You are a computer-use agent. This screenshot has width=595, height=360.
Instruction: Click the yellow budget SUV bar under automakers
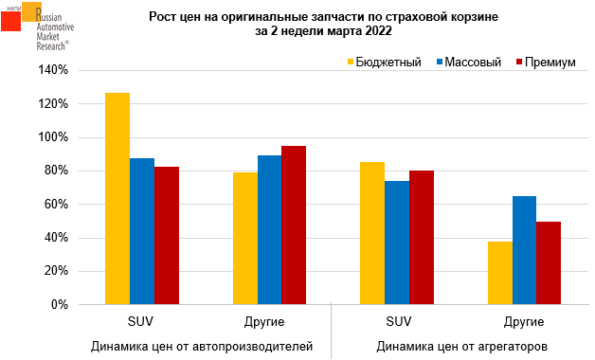pos(117,198)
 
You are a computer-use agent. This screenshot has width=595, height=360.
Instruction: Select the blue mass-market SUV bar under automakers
pos(142,231)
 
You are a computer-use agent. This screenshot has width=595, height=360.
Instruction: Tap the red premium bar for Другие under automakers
pos(294,225)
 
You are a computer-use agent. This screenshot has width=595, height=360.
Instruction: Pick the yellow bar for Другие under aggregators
pos(500,273)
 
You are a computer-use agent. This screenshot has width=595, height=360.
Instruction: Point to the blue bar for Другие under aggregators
pos(525,250)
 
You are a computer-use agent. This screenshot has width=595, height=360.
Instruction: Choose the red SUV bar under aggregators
pos(422,238)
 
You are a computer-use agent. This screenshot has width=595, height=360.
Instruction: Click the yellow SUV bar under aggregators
pos(372,233)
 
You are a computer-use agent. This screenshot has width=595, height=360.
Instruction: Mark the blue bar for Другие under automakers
pos(269,230)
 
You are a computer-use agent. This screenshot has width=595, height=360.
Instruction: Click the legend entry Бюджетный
pos(385,62)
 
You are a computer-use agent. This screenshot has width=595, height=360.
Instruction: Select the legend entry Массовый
pos(469,62)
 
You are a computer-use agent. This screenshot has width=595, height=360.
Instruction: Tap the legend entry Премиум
pos(546,62)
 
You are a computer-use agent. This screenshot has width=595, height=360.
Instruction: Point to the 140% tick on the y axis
pos(53,70)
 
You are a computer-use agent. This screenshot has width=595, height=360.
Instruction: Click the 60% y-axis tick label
pos(56,204)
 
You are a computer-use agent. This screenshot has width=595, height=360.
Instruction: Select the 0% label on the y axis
pos(60,305)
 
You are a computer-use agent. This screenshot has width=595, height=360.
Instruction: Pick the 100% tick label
pos(53,137)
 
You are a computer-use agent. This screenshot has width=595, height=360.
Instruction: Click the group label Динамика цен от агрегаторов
pos(461,347)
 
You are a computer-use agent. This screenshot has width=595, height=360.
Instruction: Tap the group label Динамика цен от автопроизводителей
pos(202,347)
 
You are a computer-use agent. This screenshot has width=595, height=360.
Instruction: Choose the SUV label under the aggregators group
pos(399,322)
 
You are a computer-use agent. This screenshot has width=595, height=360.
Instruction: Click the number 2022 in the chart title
pos(377,31)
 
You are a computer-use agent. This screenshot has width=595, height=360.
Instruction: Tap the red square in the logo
pos(10,21)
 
